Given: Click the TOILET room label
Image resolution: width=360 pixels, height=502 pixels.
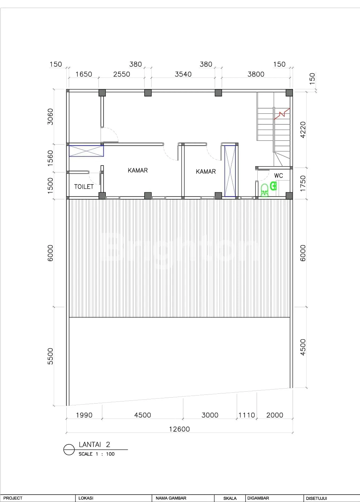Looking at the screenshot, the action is tap(84, 187).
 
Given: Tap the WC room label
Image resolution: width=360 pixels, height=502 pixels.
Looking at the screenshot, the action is tap(279, 176).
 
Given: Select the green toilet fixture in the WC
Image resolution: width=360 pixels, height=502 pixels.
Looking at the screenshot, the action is tap(265, 190).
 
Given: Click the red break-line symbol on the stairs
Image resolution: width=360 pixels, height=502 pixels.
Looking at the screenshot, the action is tap(282, 113).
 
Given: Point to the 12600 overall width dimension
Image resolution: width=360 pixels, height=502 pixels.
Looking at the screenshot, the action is tap(179, 429).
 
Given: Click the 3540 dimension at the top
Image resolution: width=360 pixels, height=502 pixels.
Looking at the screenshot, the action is tap(183, 74).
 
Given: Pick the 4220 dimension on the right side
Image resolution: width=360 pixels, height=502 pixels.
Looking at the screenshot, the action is tap(303, 130).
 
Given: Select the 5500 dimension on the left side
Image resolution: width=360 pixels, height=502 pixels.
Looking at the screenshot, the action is tap(50, 356).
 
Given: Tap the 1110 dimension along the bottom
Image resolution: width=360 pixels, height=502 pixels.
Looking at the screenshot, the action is tap(247, 415).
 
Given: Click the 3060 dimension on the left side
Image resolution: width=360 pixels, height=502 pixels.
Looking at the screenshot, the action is tap(50, 117).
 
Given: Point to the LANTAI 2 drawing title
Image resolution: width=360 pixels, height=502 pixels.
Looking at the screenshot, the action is tap(94, 444).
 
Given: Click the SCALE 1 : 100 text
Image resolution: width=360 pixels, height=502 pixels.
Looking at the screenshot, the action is tap(96, 454).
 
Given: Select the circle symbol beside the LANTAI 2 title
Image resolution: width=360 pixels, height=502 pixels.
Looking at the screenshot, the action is tap(69, 450).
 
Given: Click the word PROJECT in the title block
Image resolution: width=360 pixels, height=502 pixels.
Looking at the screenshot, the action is tap(13, 498).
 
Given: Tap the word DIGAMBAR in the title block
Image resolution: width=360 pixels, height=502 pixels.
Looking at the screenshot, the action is tap(258, 498).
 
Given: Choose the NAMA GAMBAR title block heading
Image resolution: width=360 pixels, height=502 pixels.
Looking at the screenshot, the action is tap(171, 498).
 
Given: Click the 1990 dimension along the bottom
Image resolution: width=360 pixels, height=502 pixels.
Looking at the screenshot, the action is tap(84, 415).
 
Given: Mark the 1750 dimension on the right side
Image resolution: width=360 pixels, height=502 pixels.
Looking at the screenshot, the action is tap(303, 184).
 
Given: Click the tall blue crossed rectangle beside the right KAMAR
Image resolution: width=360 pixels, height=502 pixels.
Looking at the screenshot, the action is tap(230, 171).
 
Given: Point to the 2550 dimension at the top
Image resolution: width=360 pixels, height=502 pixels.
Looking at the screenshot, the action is tap(122, 74).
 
